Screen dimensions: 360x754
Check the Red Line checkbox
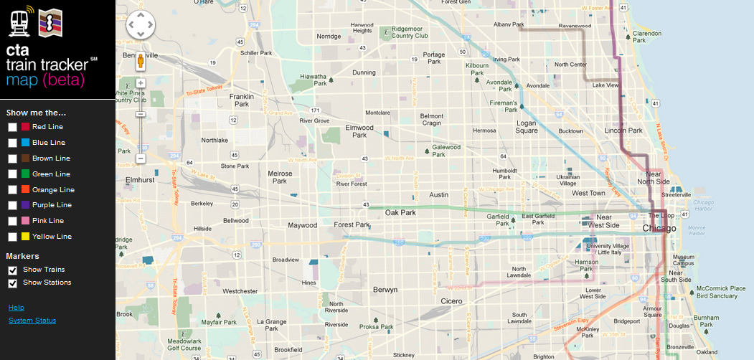coord(12,127)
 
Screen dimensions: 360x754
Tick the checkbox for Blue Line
coord(12,143)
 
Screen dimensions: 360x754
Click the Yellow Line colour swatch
coord(25,237)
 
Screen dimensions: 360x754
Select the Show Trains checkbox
coord(12,270)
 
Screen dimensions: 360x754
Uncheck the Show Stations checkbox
coord(12,283)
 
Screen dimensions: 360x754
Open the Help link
coord(16,308)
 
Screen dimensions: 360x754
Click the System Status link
coord(32,321)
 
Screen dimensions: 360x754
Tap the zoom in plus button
coord(141,83)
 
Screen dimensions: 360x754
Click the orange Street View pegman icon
coord(141,62)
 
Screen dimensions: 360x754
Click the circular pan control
coord(141,26)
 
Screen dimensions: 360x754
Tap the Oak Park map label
coord(401,213)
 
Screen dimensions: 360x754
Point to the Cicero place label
coord(452,301)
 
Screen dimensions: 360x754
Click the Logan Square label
coord(527,127)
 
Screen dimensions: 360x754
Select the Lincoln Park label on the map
coord(623,131)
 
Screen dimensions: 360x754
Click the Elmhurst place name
coord(140,180)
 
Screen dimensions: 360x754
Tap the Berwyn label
coord(385,290)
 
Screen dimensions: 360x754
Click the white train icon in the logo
coord(20,22)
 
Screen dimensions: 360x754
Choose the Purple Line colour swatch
coord(25,205)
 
